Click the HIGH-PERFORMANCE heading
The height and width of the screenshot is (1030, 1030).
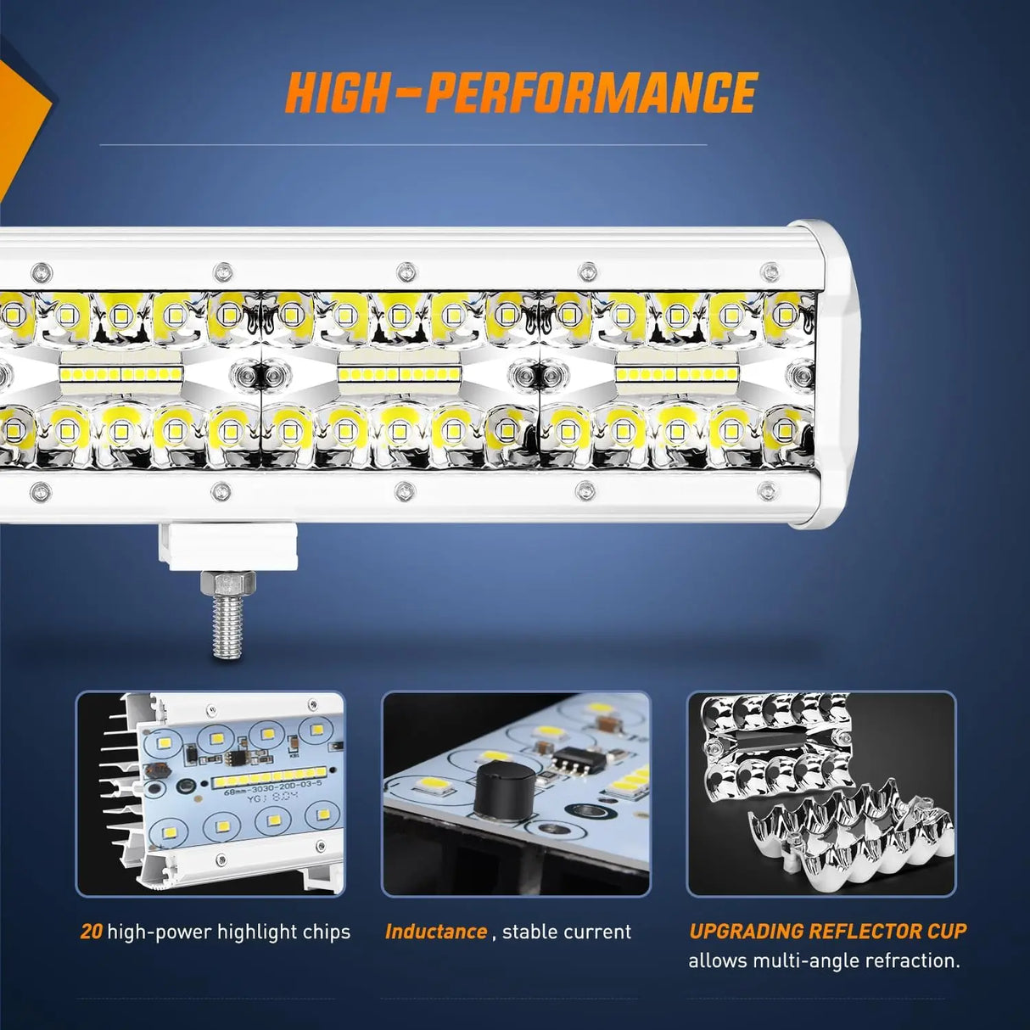pos(521,92)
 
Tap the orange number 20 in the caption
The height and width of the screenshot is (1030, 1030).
pos(91,932)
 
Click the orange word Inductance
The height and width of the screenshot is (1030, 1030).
pos(436,932)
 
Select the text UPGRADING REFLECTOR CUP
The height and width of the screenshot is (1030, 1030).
pos(827,931)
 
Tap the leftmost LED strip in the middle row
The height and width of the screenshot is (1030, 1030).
pos(120,374)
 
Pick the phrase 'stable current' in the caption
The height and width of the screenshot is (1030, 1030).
pos(567,932)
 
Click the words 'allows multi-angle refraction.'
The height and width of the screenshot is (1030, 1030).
pos(824,961)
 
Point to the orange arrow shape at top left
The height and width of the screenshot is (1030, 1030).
pos(21,119)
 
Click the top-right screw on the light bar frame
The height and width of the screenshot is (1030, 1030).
pos(770,272)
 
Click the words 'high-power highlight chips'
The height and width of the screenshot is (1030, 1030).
pos(228,932)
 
